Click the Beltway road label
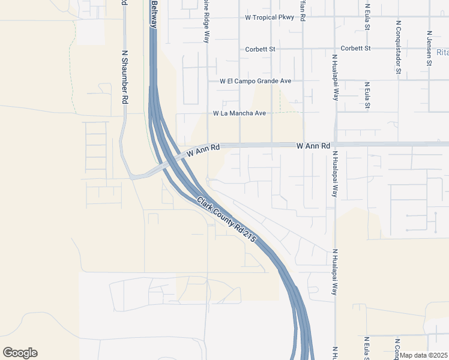tap(154, 13)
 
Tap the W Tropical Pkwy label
tap(270, 17)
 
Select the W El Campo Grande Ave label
tap(255, 80)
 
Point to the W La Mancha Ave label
tap(239, 113)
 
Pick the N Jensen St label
tap(430, 49)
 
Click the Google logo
tap(20, 353)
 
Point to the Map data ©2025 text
tap(423, 355)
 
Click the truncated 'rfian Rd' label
tap(303, 11)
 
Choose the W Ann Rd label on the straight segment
tap(313, 146)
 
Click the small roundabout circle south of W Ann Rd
tap(207, 179)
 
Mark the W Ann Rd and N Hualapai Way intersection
tap(335, 145)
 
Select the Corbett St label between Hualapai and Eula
tap(356, 48)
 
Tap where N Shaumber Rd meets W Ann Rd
tap(131, 177)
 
